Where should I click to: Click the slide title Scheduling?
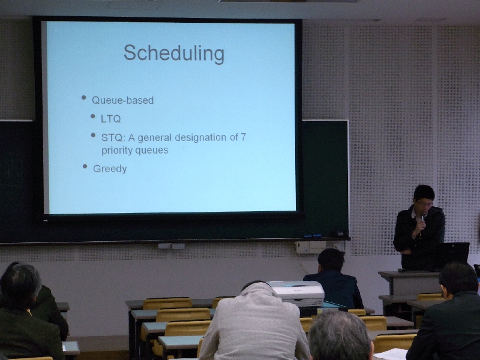click(x=174, y=54)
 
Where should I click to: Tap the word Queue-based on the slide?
click(x=123, y=100)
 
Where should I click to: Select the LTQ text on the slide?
click(x=111, y=119)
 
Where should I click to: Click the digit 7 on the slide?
click(x=244, y=137)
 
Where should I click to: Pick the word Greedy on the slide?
click(x=110, y=169)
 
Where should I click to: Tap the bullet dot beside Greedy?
click(x=85, y=166)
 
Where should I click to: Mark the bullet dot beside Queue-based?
click(x=83, y=98)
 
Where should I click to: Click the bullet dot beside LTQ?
click(x=93, y=116)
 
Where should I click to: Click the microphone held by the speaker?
click(x=422, y=223)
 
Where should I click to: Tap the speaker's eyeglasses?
click(x=425, y=203)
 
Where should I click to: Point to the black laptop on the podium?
click(x=452, y=256)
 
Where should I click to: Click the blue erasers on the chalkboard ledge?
click(x=313, y=236)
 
